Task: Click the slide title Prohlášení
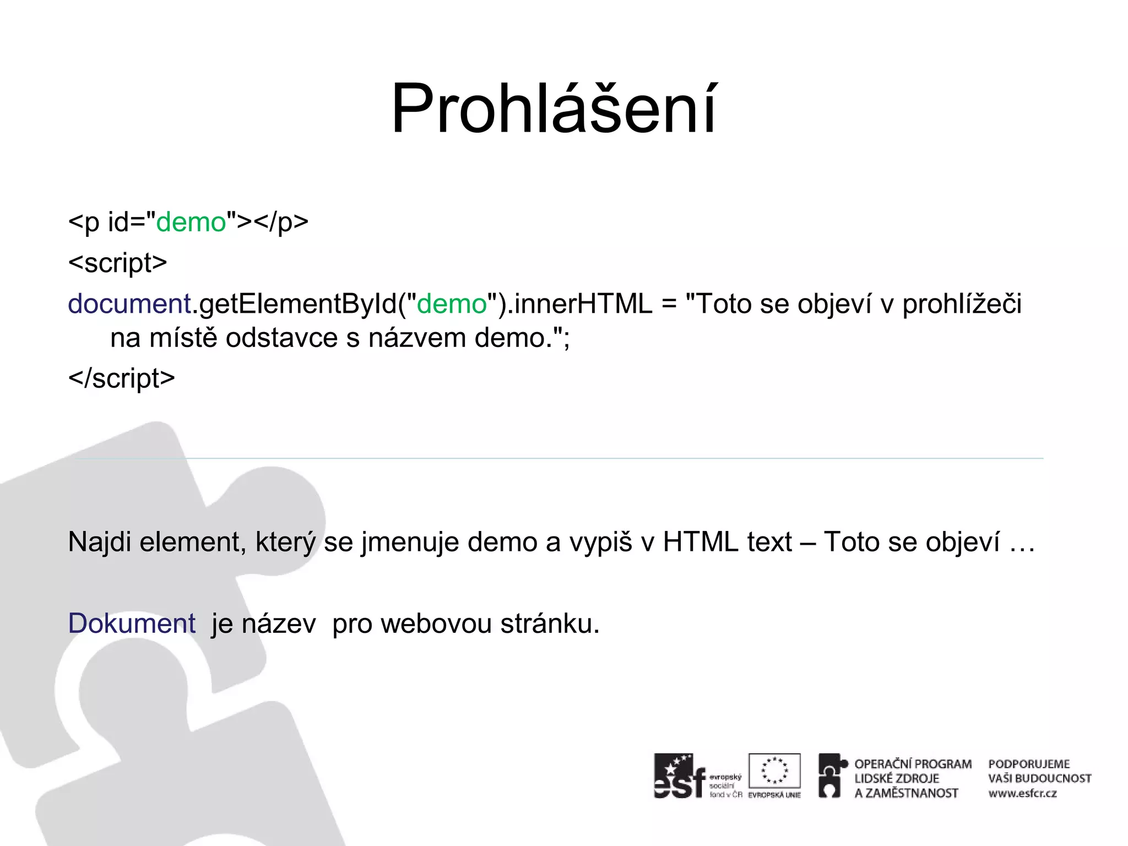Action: [554, 108]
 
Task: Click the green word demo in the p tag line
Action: [191, 223]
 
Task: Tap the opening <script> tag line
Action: [117, 263]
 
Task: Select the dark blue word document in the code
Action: [129, 304]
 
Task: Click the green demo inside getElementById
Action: [452, 304]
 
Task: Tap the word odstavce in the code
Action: [281, 338]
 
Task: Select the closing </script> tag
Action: [121, 378]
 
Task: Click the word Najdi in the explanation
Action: [100, 542]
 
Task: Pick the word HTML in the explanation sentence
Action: [701, 542]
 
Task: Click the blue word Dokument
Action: [132, 623]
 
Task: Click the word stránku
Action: [550, 623]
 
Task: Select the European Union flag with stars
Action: [774, 771]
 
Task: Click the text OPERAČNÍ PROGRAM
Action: [913, 764]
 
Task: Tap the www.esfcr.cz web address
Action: [1022, 794]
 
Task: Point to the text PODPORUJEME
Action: [1029, 764]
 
